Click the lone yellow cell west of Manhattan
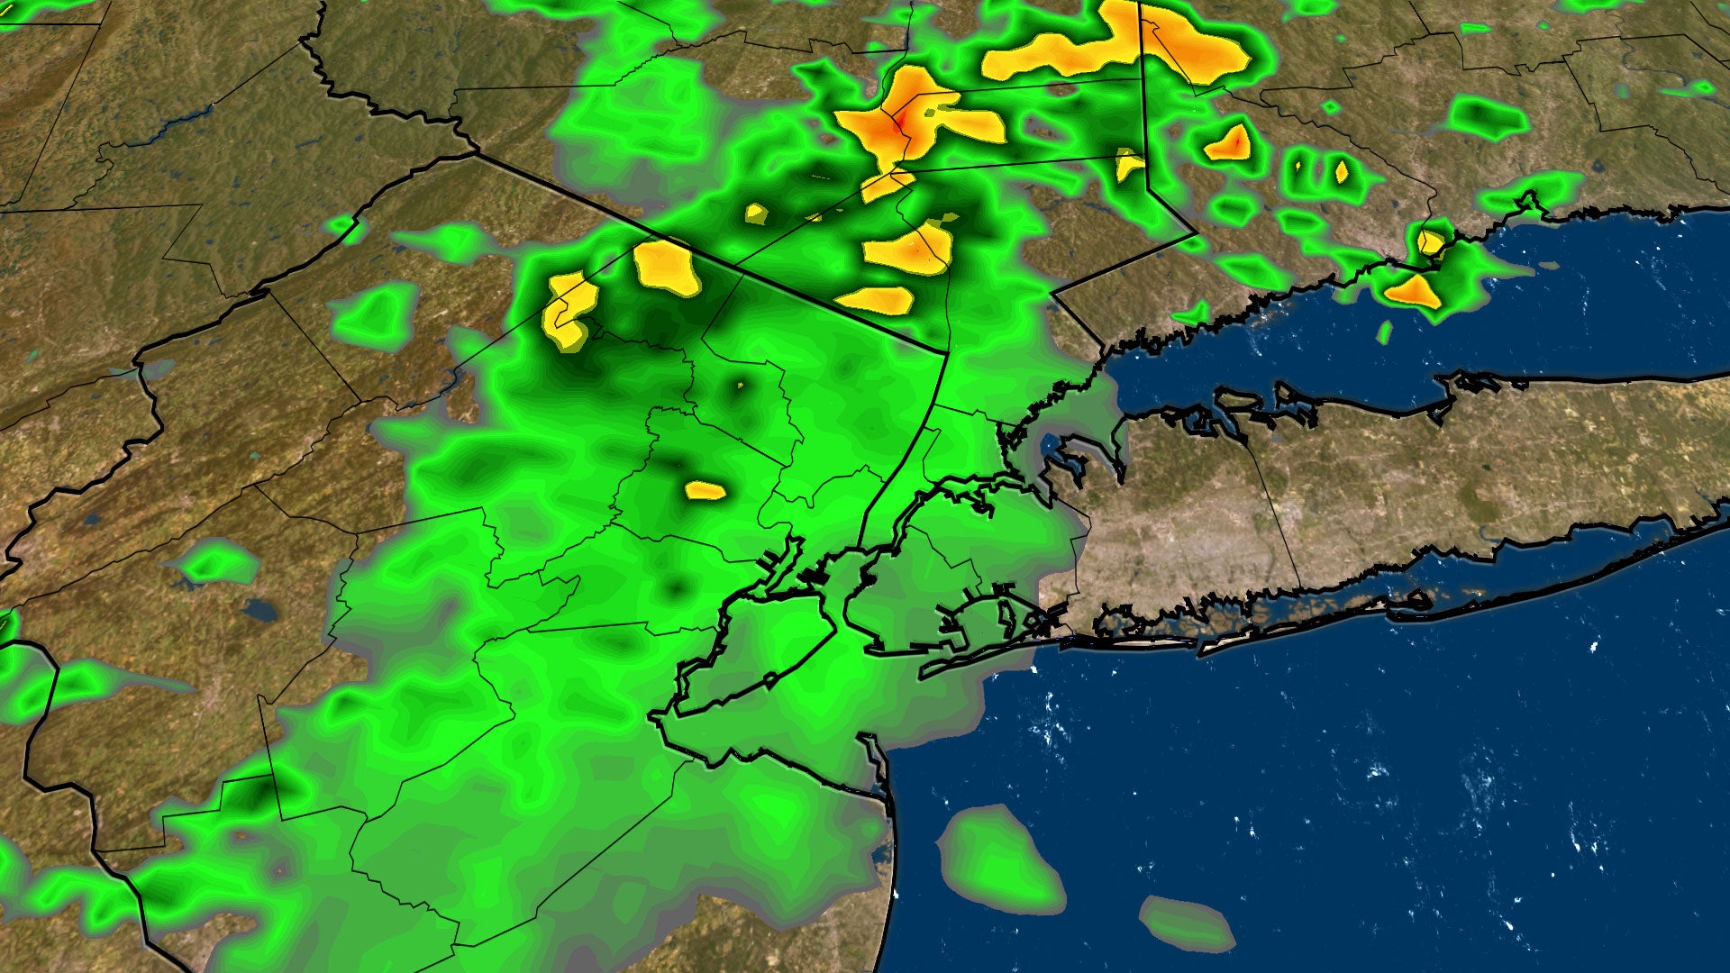click(705, 491)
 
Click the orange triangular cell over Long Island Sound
click(1413, 292)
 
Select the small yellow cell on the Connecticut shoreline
click(1430, 241)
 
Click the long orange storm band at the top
click(1117, 45)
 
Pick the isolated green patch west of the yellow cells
click(374, 315)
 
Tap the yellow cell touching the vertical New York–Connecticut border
click(1127, 164)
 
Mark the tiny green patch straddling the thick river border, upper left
click(344, 227)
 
